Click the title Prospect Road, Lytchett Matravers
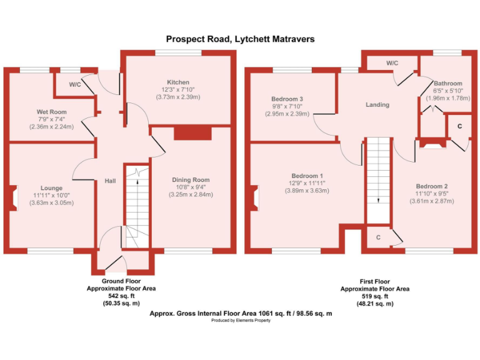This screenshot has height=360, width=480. [x=240, y=39]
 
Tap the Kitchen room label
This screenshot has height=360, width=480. [x=178, y=82]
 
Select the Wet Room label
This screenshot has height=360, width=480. [x=51, y=112]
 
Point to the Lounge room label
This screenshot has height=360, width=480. [x=51, y=187]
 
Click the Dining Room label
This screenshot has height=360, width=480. [x=191, y=180]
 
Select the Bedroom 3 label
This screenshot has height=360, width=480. [x=287, y=99]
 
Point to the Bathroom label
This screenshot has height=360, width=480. [x=448, y=83]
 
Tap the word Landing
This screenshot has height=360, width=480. [x=377, y=105]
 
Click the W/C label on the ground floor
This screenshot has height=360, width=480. [x=74, y=84]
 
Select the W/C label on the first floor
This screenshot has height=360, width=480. [x=392, y=63]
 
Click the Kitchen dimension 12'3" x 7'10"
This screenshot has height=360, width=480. [x=178, y=90]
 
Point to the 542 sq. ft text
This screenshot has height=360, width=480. [x=121, y=296]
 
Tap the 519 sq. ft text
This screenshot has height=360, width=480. [x=375, y=296]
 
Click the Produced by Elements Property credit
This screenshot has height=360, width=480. [x=240, y=320]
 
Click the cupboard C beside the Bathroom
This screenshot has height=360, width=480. [x=459, y=127]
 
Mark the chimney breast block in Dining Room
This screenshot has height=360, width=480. [x=192, y=133]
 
